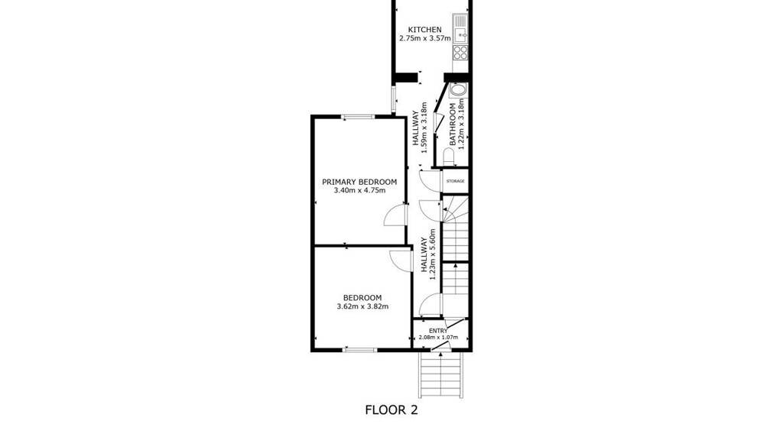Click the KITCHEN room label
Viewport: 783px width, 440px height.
[424, 30]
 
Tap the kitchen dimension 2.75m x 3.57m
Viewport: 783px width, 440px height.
[425, 38]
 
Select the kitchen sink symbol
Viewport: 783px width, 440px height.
[460, 29]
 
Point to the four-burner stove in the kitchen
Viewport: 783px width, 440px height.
[460, 53]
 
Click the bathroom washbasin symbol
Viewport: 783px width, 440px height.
[457, 90]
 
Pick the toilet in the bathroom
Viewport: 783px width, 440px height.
[449, 157]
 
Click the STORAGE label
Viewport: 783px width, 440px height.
[456, 181]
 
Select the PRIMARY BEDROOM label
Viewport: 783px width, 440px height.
[359, 182]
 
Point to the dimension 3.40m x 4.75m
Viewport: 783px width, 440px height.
[359, 190]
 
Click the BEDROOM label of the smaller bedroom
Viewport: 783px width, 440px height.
[362, 298]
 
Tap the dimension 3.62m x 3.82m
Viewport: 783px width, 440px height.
[362, 306]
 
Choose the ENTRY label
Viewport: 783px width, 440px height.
[438, 331]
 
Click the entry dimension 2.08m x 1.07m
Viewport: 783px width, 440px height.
[438, 337]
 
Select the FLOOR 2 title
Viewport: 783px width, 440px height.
[391, 410]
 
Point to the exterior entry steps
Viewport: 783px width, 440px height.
[441, 374]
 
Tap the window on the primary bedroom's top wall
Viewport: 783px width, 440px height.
[359, 117]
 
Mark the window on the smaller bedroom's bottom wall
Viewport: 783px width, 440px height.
[359, 350]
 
